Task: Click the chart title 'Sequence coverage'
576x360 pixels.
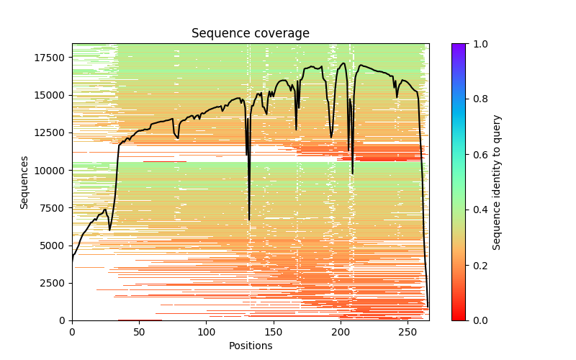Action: click(250, 33)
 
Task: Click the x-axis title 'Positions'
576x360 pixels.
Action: click(250, 346)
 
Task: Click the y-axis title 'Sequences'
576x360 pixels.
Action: click(24, 182)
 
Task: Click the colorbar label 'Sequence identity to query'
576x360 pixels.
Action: click(498, 182)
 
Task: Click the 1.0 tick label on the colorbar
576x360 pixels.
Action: click(479, 44)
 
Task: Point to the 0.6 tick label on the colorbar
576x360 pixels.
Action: click(479, 155)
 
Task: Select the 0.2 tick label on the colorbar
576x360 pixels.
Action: click(479, 265)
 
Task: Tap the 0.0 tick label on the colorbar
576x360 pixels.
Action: click(479, 320)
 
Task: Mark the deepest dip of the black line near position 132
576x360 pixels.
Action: click(249, 220)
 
